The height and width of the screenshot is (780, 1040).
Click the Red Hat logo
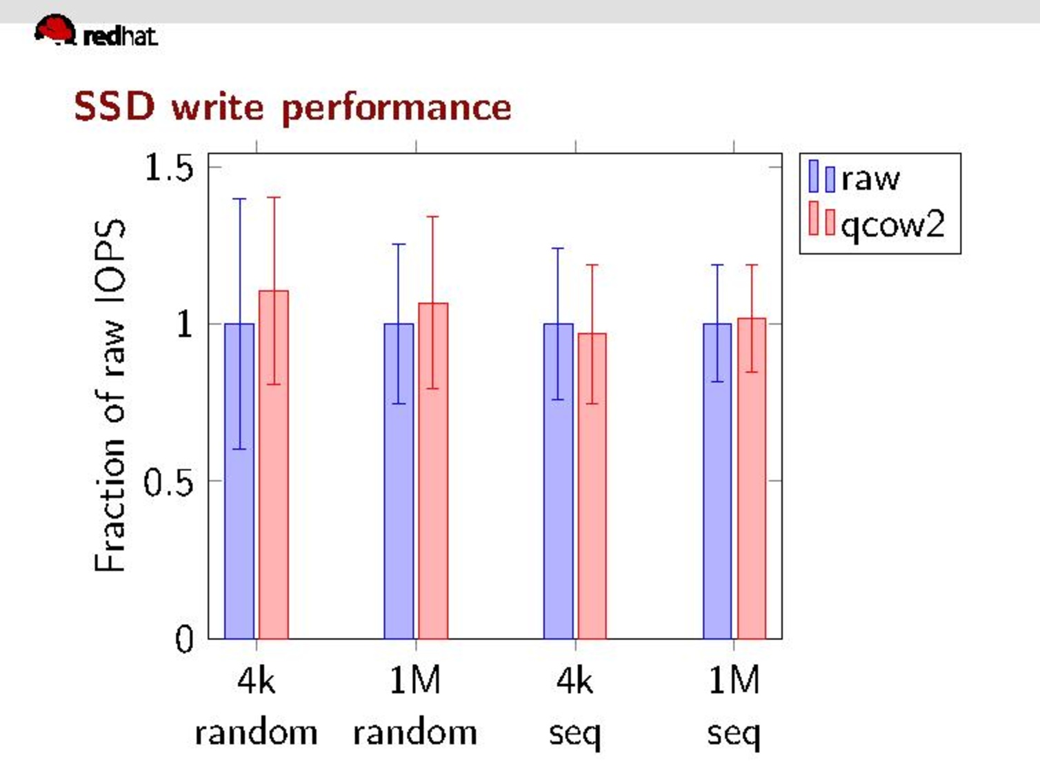point(95,32)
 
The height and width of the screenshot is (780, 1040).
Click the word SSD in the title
point(114,107)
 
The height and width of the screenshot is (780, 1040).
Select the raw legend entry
point(855,179)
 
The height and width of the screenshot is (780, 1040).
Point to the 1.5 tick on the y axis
point(168,167)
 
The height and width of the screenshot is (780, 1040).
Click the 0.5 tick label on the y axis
point(168,482)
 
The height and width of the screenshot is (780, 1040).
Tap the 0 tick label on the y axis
point(183,639)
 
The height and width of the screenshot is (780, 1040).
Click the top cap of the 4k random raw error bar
point(239,199)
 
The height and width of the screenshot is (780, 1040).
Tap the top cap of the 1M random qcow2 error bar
point(432,217)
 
